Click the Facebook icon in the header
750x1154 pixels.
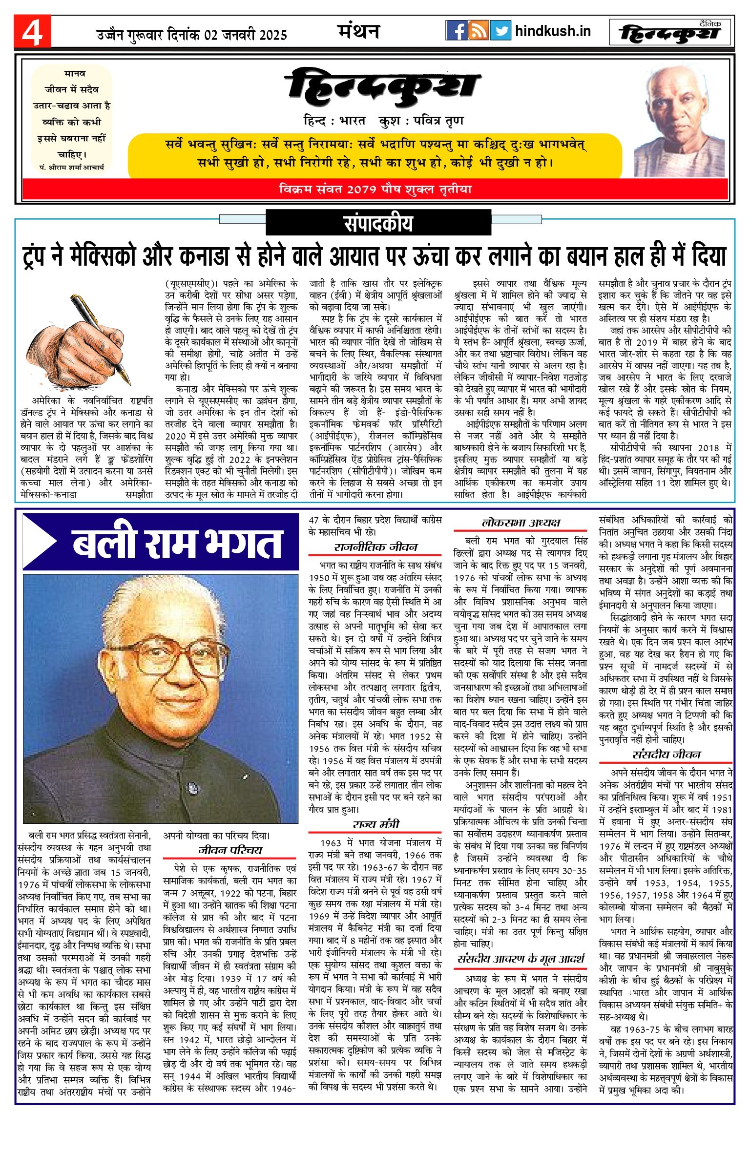click(x=456, y=31)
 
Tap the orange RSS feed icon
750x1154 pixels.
click(x=478, y=31)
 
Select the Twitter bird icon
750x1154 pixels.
click(x=500, y=31)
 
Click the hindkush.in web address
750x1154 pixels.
click(x=553, y=31)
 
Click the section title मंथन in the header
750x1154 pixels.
click(x=358, y=31)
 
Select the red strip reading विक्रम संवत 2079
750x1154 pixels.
click(x=375, y=189)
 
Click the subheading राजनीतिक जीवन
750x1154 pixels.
click(x=375, y=547)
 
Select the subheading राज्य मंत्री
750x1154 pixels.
click(x=375, y=825)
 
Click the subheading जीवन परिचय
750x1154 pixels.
click(x=229, y=850)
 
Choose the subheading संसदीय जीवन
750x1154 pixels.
click(x=666, y=755)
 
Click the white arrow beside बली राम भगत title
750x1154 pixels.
click(x=42, y=542)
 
